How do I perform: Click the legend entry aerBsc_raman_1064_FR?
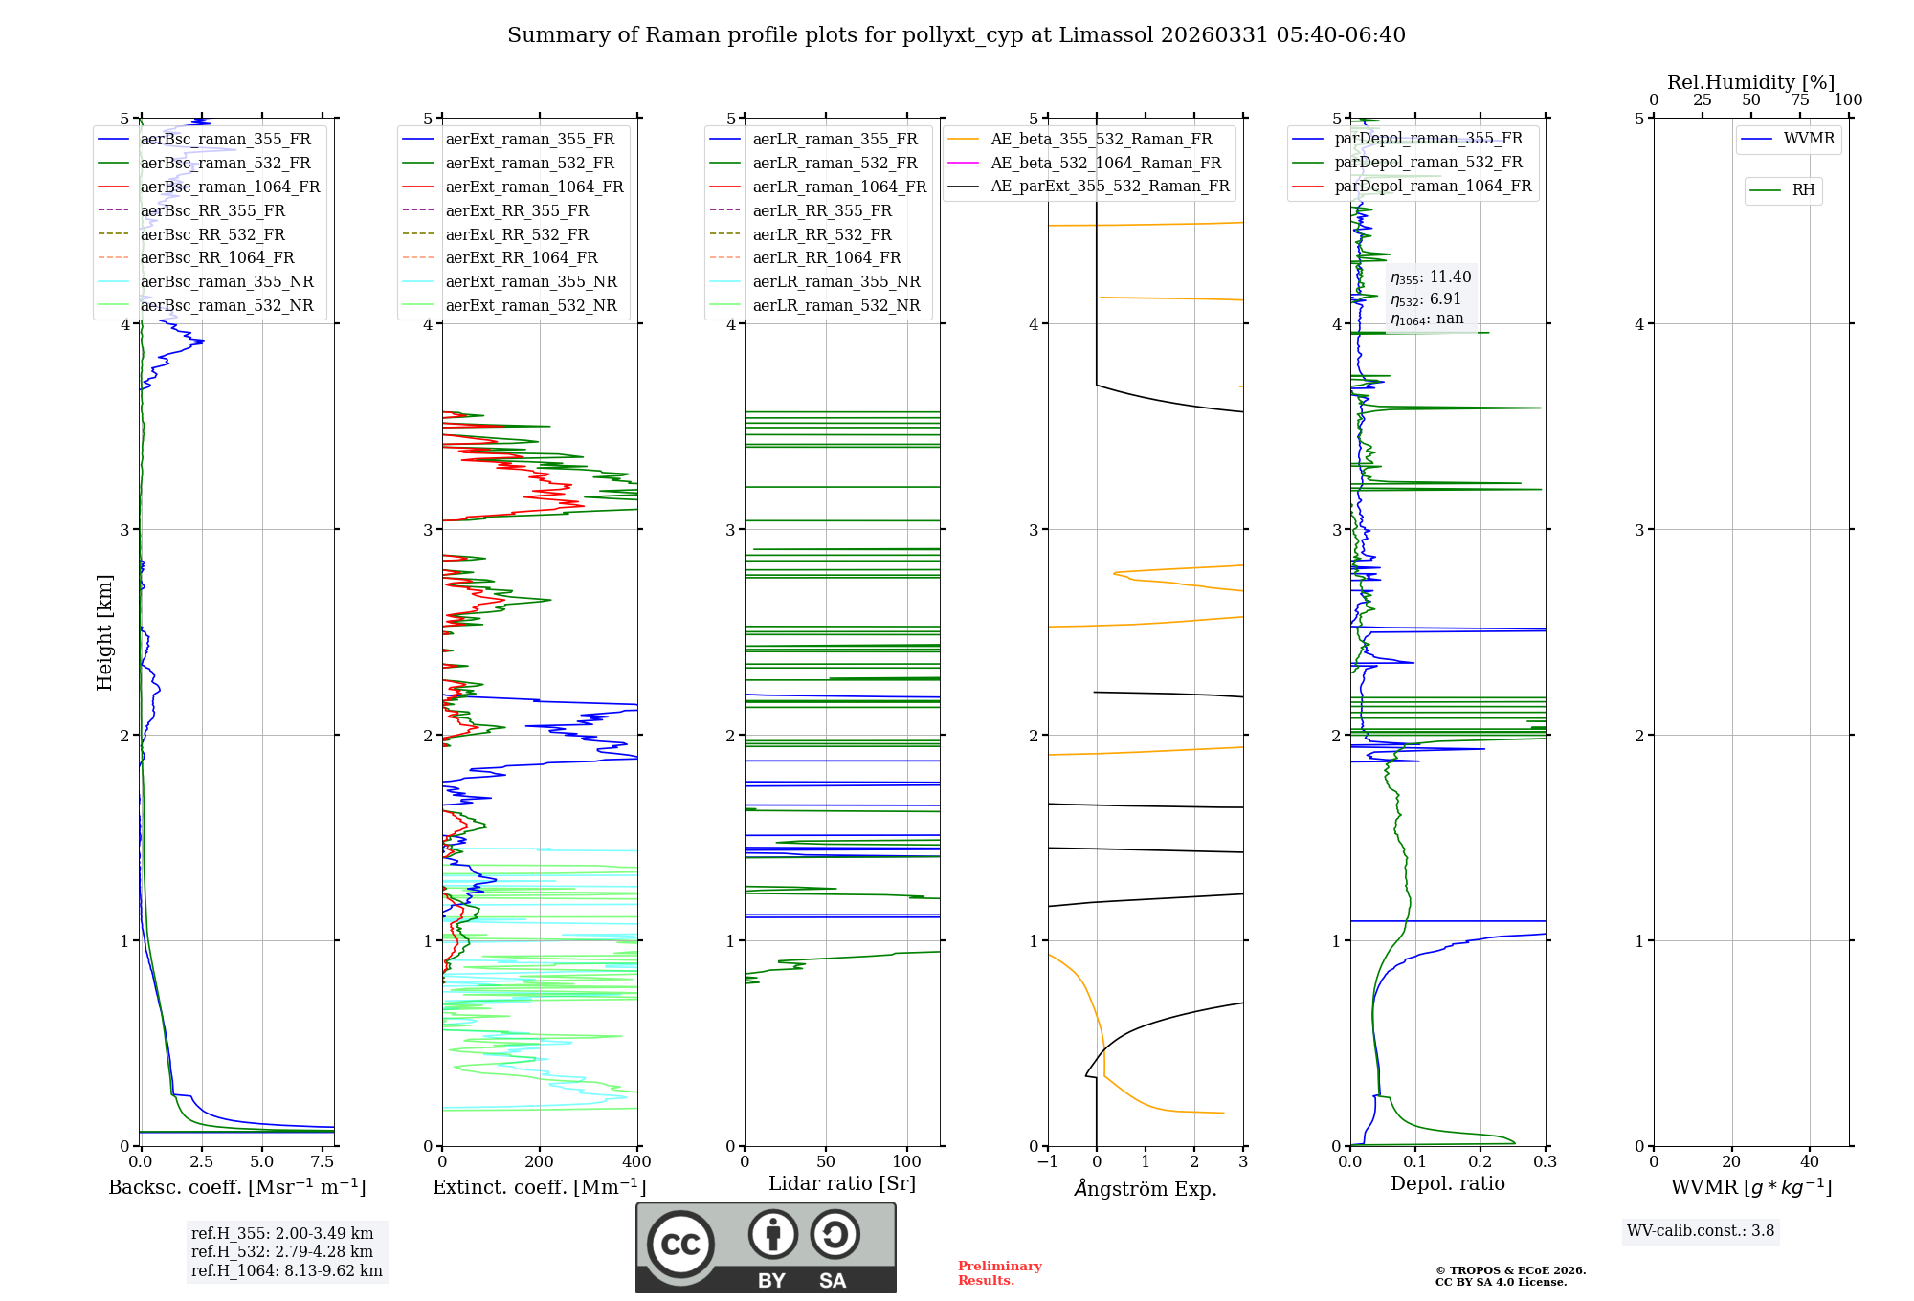230,187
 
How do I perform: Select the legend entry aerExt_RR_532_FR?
517,234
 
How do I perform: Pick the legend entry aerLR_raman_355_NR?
835,281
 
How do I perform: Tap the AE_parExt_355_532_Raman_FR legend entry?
1109,186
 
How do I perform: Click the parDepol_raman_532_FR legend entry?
1428,162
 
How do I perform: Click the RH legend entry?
1803,190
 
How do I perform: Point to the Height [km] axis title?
104,631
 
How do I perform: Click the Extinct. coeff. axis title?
539,1187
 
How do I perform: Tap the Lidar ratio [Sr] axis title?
841,1183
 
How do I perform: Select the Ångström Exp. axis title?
1145,1188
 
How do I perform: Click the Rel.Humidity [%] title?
1750,82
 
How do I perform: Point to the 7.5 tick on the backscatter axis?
323,1162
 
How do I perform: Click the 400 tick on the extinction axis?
636,1162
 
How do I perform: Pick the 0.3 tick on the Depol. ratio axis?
1545,1162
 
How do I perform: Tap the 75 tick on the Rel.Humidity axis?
1799,100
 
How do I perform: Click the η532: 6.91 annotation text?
1426,298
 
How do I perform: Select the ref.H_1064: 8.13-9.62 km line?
286,1270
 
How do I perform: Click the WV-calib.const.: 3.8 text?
1700,1230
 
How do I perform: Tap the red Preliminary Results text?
999,1272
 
